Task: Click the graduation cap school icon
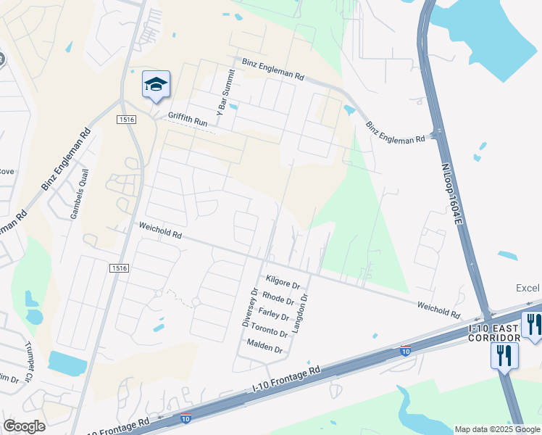click(x=156, y=86)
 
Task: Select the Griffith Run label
click(x=188, y=120)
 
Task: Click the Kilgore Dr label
click(x=283, y=280)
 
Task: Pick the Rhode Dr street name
click(x=278, y=298)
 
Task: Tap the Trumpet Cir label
click(x=30, y=361)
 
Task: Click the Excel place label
click(x=528, y=288)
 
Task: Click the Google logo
click(x=24, y=426)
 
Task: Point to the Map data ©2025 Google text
click(x=496, y=429)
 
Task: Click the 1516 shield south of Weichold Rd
click(x=120, y=268)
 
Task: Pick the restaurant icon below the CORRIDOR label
click(x=504, y=356)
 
